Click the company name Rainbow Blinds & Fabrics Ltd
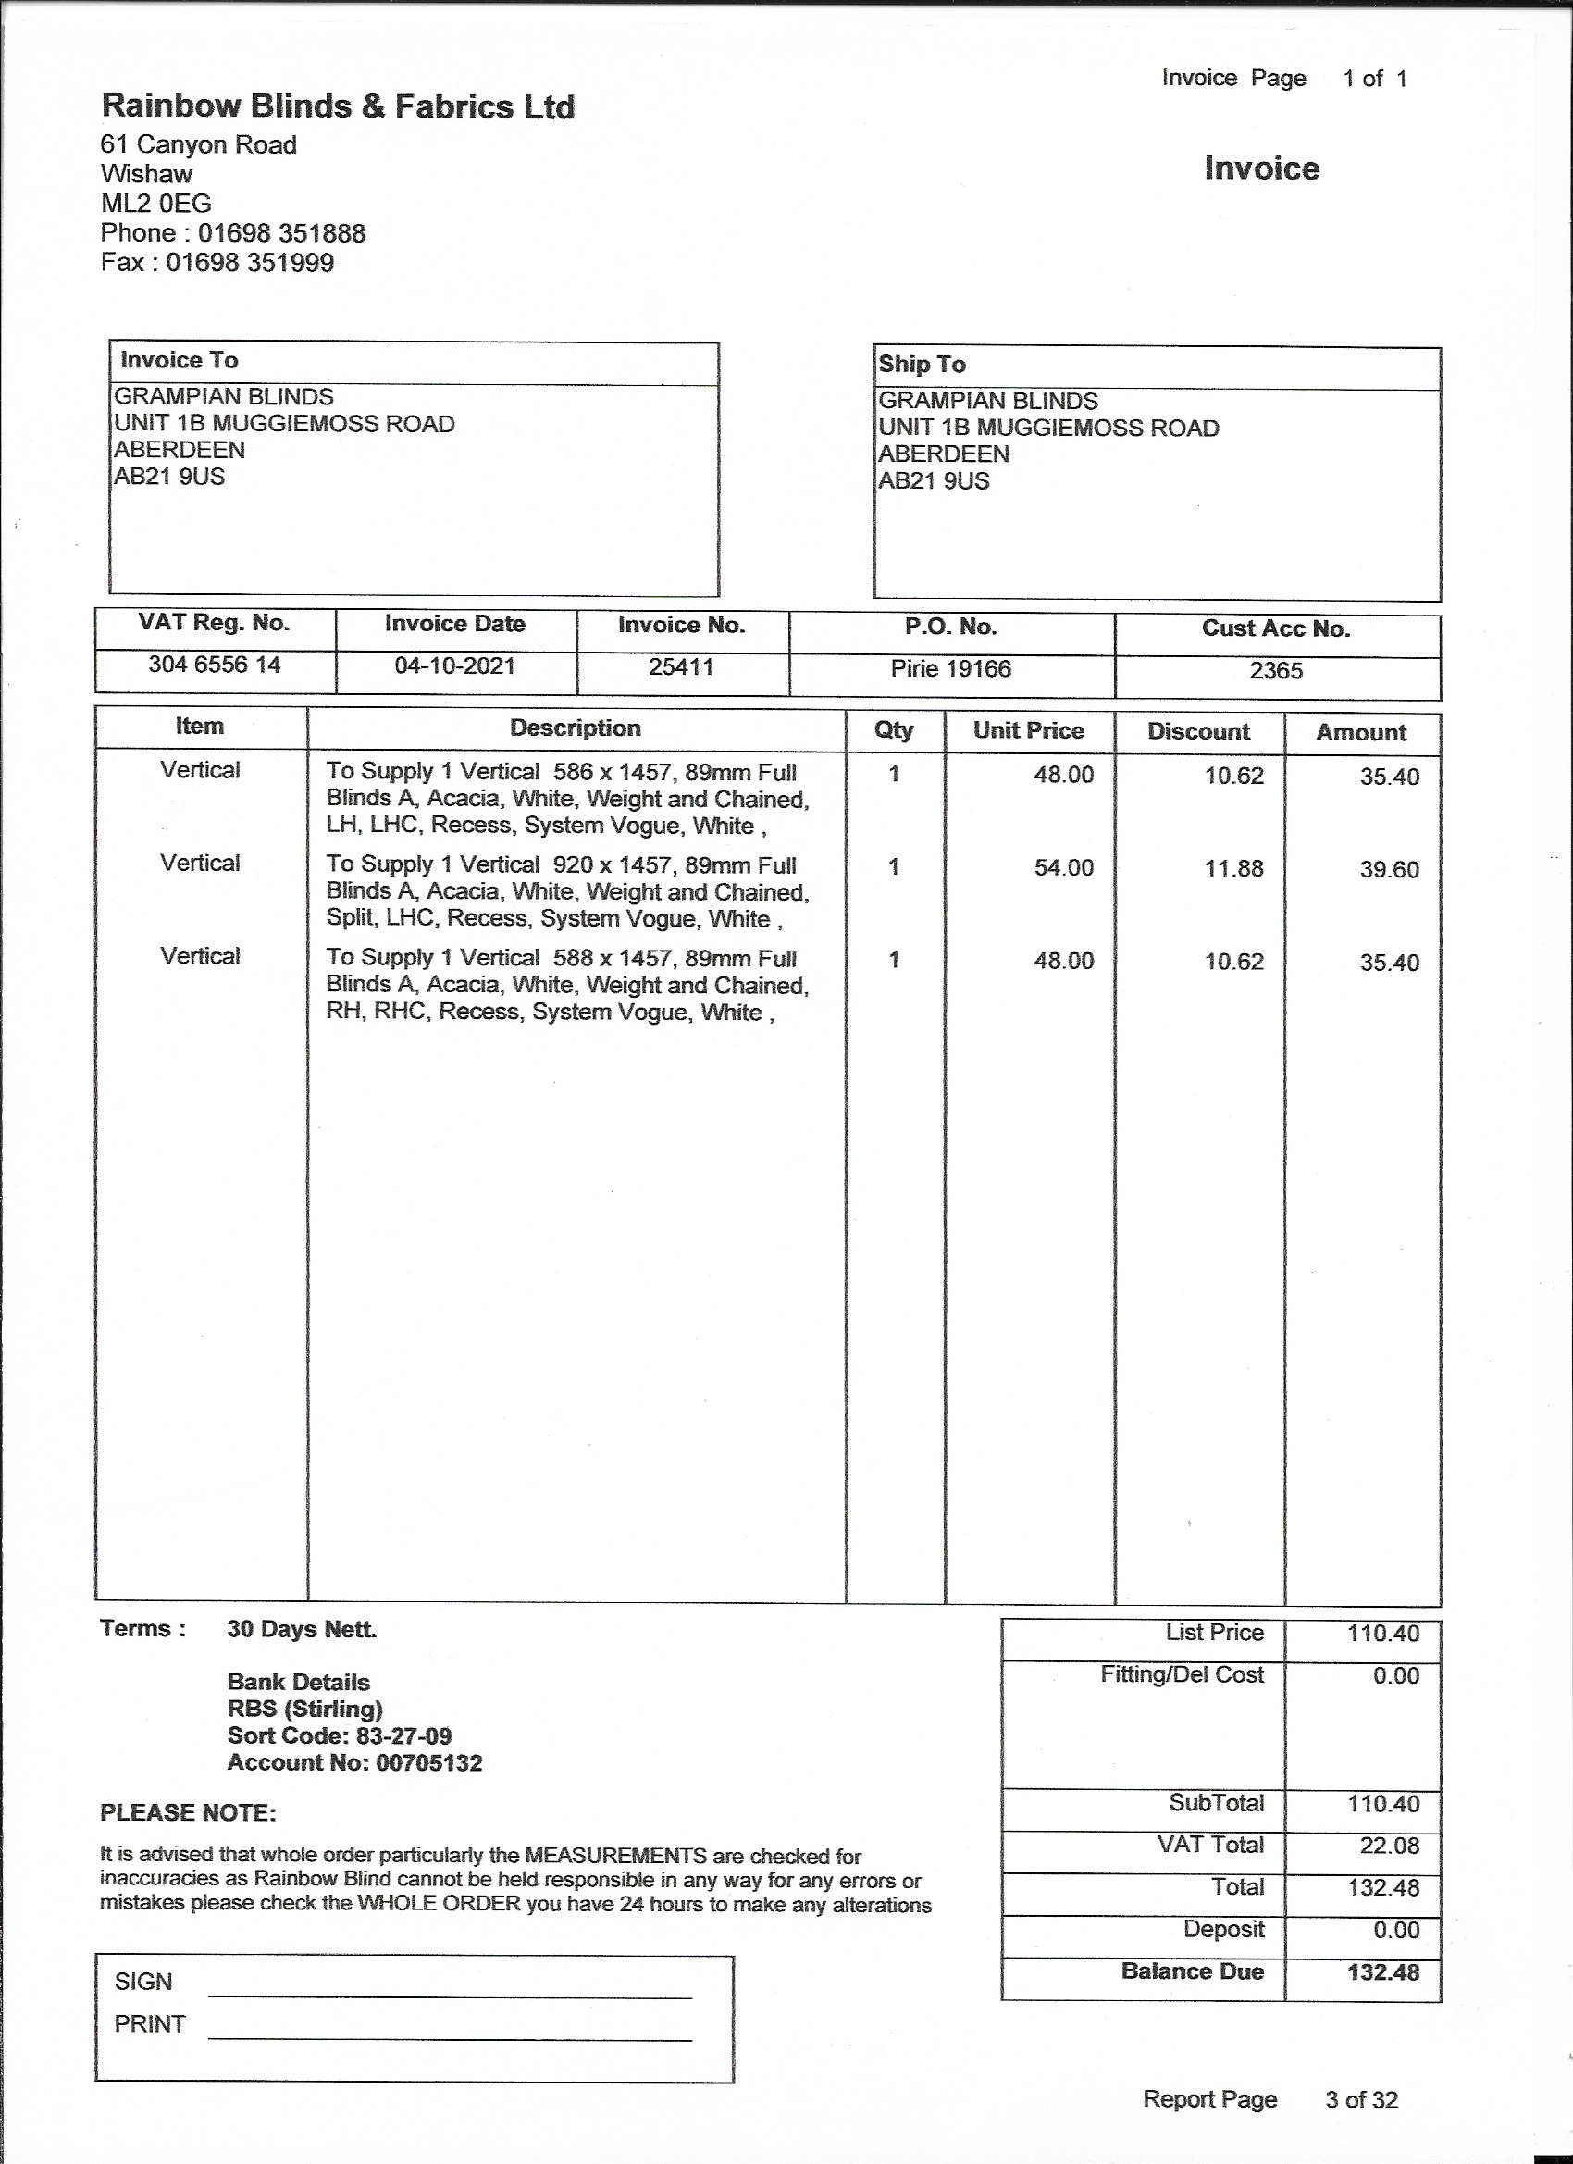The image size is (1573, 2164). pyautogui.click(x=338, y=106)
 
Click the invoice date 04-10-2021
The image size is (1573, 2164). pyautogui.click(x=455, y=665)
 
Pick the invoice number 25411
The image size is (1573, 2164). pyautogui.click(x=681, y=667)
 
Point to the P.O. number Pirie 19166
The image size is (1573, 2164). pyautogui.click(x=950, y=669)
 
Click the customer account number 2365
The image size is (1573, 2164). pyautogui.click(x=1275, y=671)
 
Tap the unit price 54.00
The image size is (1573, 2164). pyautogui.click(x=1063, y=868)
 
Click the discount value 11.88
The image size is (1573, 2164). pyautogui.click(x=1233, y=869)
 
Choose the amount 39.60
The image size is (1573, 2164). pyautogui.click(x=1389, y=870)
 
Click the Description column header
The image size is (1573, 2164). pyautogui.click(x=576, y=728)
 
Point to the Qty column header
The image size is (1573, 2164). pyautogui.click(x=894, y=730)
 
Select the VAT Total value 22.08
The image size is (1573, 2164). pyautogui.click(x=1389, y=1846)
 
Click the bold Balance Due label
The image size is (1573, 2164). pyautogui.click(x=1193, y=1971)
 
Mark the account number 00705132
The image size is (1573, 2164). pyautogui.click(x=429, y=1762)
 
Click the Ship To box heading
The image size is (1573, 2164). pyautogui.click(x=922, y=365)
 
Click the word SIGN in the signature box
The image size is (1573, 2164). pyautogui.click(x=143, y=1982)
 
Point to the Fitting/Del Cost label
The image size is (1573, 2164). pyautogui.click(x=1181, y=1674)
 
